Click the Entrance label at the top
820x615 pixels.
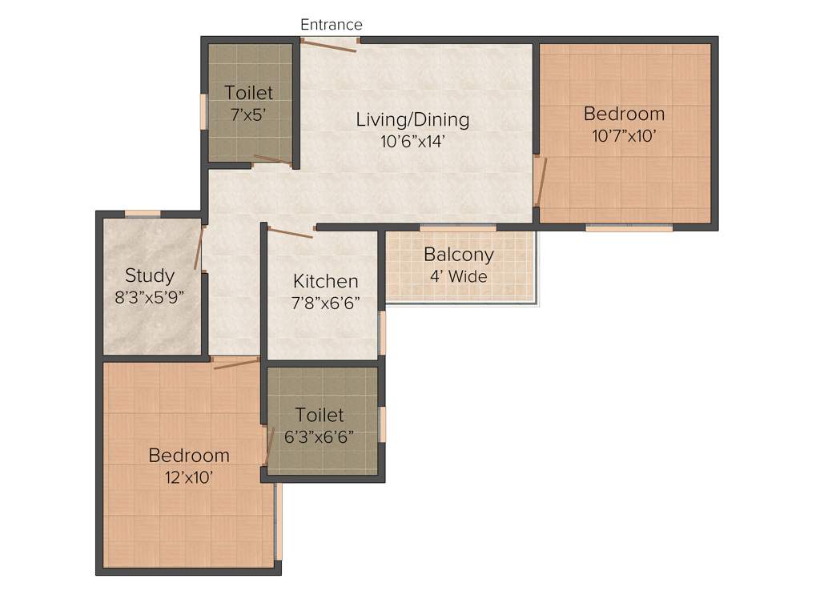pos(331,25)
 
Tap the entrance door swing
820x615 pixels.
pos(328,46)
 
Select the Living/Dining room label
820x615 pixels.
pos(412,120)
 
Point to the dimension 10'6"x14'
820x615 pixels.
pos(412,142)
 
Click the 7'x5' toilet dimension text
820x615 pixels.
pos(248,115)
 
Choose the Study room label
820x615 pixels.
pos(150,275)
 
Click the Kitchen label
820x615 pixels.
pos(325,281)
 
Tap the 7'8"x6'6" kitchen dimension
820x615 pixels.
pos(325,303)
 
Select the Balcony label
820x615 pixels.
pos(458,255)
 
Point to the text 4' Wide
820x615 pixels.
pos(458,276)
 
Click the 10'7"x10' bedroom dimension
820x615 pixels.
pos(624,135)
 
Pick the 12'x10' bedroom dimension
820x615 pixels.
pos(189,477)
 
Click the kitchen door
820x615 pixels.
pos(290,232)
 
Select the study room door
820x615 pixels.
pos(198,248)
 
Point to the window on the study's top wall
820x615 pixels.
pos(143,213)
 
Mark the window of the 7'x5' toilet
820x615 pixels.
pos(203,111)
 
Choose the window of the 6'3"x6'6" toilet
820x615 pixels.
pos(383,424)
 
